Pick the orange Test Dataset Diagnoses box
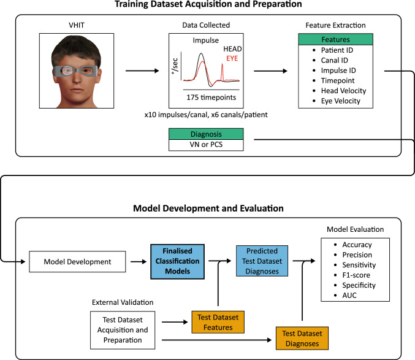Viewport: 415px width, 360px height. pyautogui.click(x=301, y=336)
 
